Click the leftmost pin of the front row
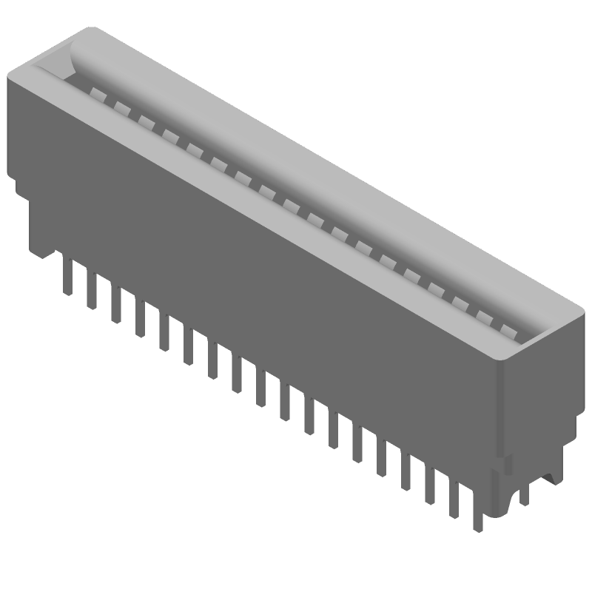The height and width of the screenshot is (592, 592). pos(67,277)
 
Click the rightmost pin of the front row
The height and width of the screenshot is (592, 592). pos(477,511)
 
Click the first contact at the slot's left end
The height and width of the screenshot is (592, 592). pos(97,91)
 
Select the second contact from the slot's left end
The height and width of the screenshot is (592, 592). pos(121,104)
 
